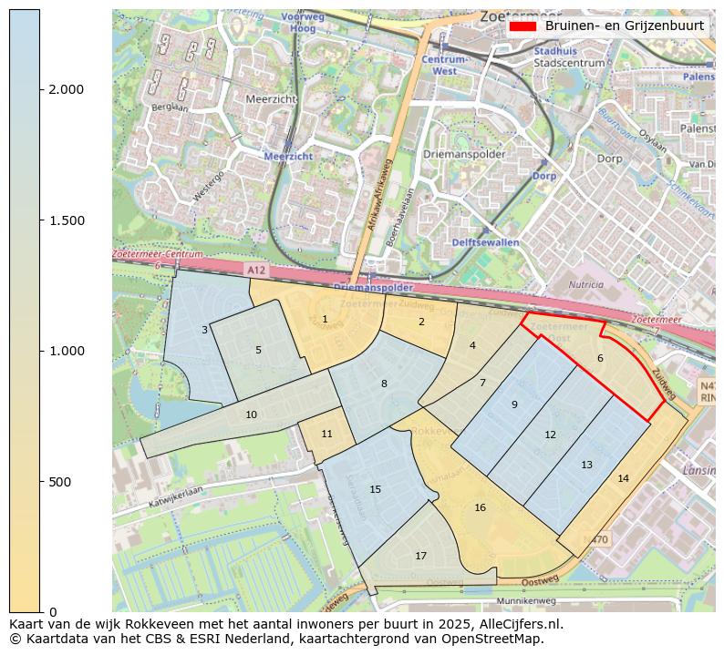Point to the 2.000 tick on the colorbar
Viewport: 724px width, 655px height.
click(67, 89)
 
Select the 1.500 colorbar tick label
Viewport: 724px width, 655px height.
click(67, 220)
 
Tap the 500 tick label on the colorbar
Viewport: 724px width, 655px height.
click(59, 481)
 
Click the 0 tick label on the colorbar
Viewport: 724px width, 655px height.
click(53, 611)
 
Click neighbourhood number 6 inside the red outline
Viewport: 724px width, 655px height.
click(600, 358)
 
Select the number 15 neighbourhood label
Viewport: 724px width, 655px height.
click(375, 489)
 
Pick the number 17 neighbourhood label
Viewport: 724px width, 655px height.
click(420, 556)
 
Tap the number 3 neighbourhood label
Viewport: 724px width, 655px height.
click(204, 330)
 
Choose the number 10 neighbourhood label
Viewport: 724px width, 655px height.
click(251, 414)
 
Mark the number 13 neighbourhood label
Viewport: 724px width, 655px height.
click(586, 465)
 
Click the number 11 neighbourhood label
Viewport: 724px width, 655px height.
click(326, 434)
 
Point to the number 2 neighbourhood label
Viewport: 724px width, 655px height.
click(421, 322)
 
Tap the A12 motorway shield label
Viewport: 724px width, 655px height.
click(258, 271)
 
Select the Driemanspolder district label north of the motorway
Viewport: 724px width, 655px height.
click(464, 154)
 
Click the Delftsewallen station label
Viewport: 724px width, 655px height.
click(485, 242)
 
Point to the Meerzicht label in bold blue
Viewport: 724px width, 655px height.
click(288, 157)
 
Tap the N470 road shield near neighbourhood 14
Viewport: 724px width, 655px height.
click(595, 539)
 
